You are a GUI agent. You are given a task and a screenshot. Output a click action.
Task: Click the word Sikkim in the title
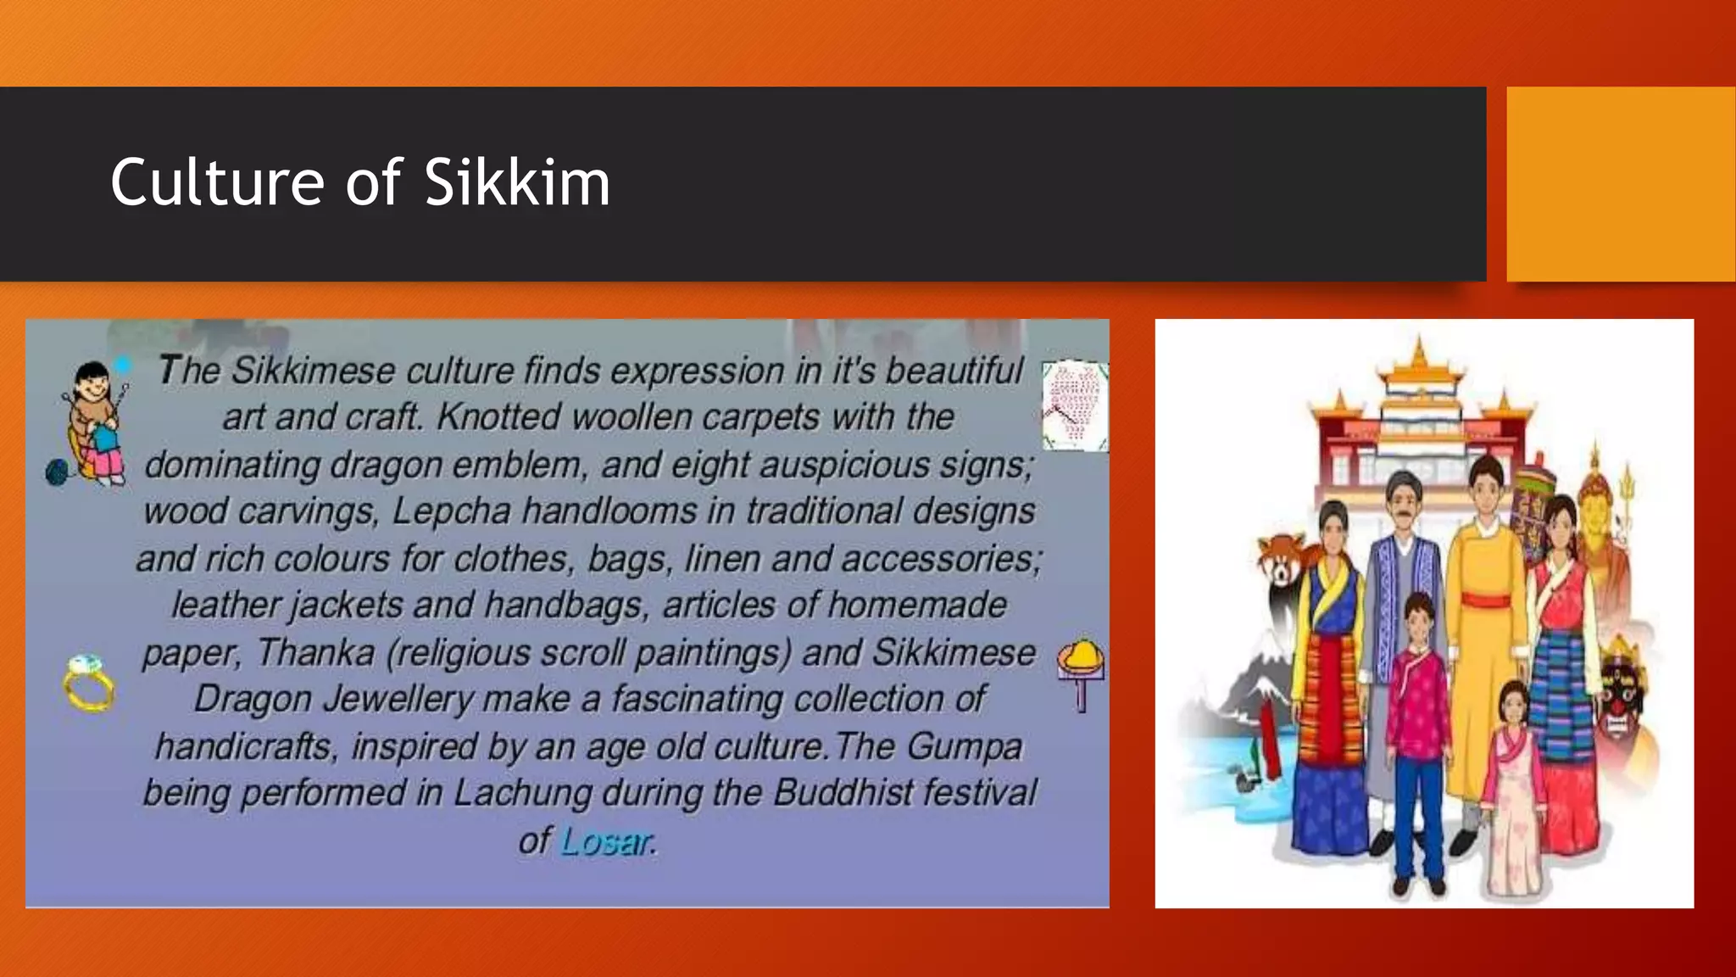[516, 182]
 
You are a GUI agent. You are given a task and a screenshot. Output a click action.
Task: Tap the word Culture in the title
[217, 182]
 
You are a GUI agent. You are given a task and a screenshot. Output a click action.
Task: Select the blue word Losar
[607, 841]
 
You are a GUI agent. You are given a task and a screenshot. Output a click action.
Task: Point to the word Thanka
[315, 652]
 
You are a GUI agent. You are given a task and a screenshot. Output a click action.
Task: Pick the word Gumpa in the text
[964, 746]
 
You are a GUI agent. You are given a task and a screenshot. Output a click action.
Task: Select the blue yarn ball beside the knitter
[57, 472]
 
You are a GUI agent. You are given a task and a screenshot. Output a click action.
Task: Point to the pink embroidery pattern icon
[1074, 405]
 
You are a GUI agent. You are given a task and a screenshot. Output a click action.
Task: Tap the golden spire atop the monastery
[1420, 352]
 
